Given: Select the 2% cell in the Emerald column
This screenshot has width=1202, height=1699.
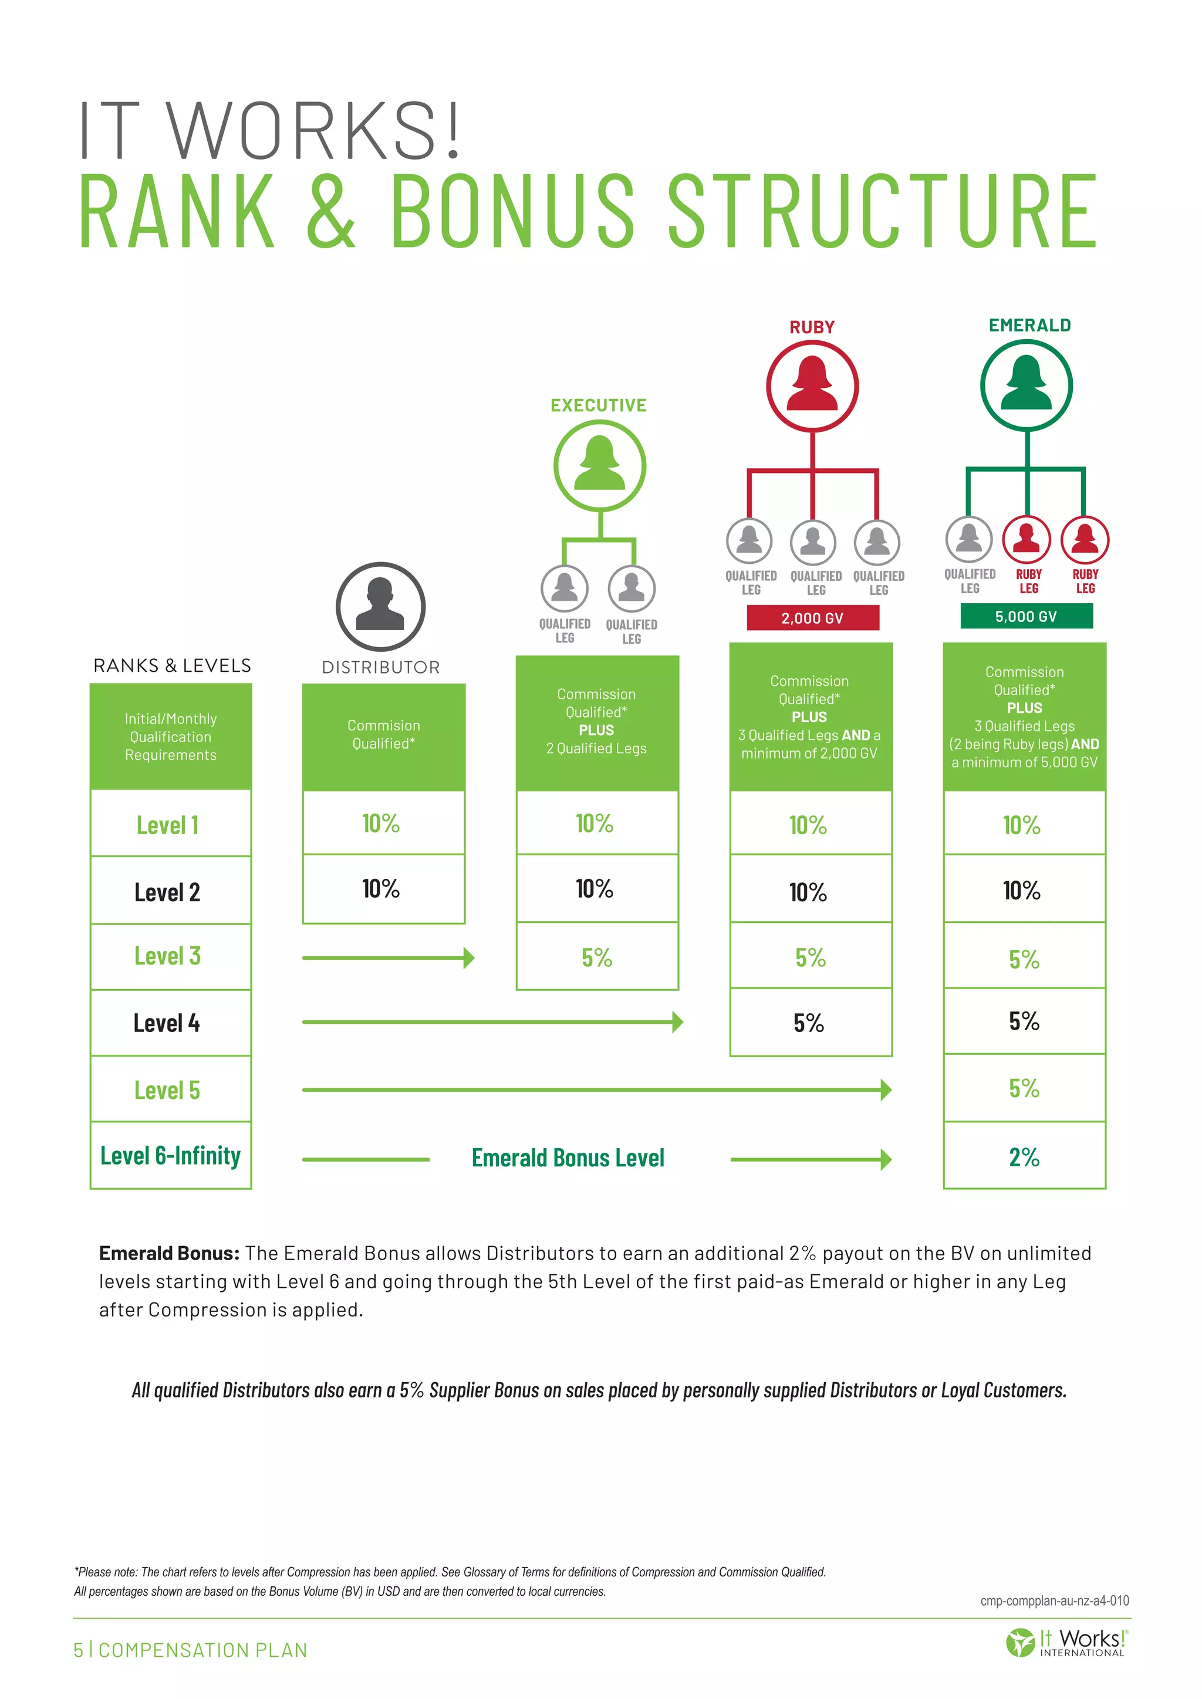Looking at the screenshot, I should coord(1024,1156).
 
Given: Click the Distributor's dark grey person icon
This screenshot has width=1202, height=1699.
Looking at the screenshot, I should coord(380,606).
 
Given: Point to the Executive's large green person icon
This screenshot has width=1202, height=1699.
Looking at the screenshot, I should coord(599,465).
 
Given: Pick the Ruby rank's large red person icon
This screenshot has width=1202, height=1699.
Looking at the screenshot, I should coord(812,385).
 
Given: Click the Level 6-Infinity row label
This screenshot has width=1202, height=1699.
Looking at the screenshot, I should coord(170,1156).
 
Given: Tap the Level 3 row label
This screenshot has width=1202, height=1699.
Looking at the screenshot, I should coord(167,956).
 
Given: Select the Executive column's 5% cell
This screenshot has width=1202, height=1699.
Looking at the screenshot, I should coord(596,957).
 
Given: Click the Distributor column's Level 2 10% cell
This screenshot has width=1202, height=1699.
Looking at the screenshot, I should coord(381,889).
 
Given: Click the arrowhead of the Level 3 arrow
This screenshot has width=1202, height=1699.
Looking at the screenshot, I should coord(468,958).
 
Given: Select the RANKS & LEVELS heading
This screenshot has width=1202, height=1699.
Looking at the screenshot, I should coord(172,665).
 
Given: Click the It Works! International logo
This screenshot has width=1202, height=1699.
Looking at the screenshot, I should coord(1066,1643).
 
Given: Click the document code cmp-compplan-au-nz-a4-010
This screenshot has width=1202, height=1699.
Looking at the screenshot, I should coord(1054,1600).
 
